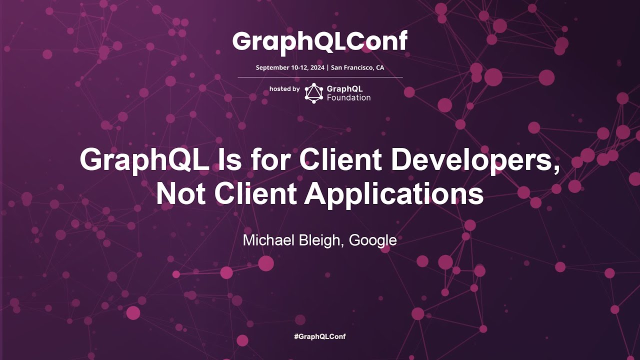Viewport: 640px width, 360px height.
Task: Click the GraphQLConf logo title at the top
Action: (x=319, y=41)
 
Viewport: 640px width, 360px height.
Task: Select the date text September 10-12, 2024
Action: (x=290, y=67)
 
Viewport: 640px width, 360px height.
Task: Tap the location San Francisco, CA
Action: (x=357, y=67)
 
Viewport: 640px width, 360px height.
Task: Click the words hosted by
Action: (x=284, y=89)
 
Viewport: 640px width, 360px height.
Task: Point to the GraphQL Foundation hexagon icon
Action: (x=314, y=93)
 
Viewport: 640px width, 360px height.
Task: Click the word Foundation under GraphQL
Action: (x=348, y=98)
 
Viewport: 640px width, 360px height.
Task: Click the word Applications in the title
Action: (x=394, y=194)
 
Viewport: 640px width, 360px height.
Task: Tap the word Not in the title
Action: (x=178, y=194)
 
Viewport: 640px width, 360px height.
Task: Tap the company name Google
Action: (x=372, y=240)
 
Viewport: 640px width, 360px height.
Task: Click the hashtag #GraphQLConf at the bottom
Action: (x=319, y=336)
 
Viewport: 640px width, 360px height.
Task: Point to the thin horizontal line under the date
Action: (x=320, y=77)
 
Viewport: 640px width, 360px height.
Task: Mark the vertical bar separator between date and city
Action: (x=327, y=67)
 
